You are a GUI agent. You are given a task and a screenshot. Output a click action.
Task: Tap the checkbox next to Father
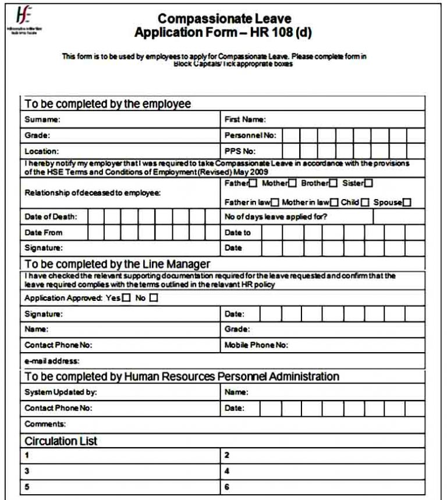point(253,184)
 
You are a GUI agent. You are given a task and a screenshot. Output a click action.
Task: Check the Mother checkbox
point(292,184)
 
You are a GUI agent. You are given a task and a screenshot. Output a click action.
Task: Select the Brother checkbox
point(334,184)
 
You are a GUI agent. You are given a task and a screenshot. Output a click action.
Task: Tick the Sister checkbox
point(368,184)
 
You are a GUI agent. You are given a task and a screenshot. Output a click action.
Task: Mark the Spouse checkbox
point(407,203)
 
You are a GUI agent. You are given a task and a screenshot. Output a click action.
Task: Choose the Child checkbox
point(364,203)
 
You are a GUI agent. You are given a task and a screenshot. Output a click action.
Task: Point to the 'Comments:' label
point(45,424)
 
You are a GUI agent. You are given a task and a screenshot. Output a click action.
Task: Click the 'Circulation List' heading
point(61,441)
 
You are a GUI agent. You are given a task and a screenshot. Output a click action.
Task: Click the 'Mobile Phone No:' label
point(256,345)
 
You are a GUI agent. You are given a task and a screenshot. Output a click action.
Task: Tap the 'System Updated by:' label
point(61,392)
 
